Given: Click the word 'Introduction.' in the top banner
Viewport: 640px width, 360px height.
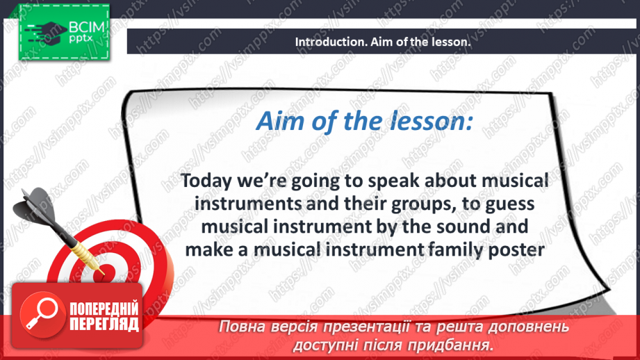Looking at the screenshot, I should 325,42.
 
